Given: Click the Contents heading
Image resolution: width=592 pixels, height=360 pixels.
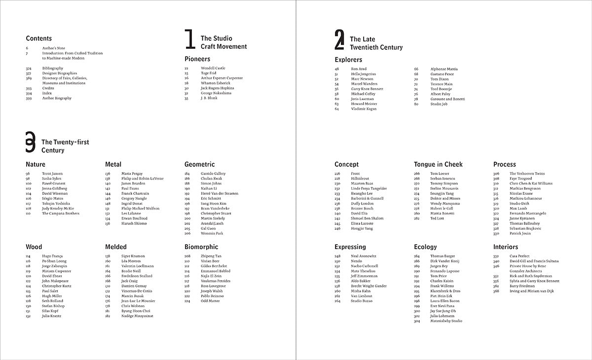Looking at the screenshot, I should [38, 38].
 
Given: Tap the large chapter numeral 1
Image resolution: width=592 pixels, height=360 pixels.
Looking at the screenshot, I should [189, 39].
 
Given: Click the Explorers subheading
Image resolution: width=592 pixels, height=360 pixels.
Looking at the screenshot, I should [348, 60].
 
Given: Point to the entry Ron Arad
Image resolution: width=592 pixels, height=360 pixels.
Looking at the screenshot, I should [359, 69].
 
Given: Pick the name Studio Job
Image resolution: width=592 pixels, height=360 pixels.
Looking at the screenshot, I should [439, 104].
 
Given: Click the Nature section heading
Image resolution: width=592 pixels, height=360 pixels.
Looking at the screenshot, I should [36, 164].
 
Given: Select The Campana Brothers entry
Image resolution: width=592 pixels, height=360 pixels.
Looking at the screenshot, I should [60, 214].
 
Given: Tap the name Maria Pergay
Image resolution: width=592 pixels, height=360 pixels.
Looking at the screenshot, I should [132, 174].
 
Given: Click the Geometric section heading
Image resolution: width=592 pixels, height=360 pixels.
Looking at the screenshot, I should [199, 164].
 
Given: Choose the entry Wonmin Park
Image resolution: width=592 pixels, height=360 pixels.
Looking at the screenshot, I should [212, 233].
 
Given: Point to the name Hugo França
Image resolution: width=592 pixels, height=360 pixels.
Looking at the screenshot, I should [52, 256].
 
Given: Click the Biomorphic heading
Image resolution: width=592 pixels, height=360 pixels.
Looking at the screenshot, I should [201, 247].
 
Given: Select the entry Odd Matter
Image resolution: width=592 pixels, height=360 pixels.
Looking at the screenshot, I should [211, 301].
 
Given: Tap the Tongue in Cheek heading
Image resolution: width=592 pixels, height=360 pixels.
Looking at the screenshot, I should [438, 164].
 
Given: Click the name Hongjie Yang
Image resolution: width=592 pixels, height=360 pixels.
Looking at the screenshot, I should [362, 228].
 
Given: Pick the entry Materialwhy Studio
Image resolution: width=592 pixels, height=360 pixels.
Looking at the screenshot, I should [446, 321].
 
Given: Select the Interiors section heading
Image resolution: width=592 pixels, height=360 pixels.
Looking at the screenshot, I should [506, 247].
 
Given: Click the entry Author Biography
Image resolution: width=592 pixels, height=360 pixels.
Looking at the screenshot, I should [57, 98].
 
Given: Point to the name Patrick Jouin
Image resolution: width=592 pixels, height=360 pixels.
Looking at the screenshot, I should [520, 233].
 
